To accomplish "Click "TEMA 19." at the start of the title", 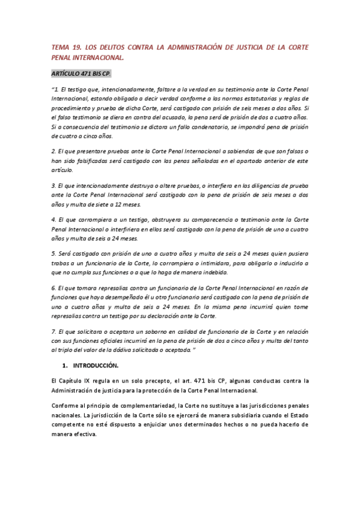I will (64, 47).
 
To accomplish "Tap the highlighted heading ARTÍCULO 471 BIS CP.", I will (81, 73).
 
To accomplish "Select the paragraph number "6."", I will (53, 287).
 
